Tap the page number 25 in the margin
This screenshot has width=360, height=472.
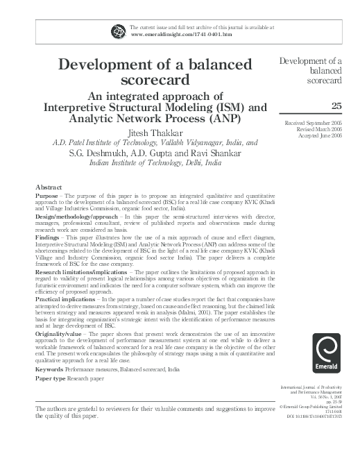click(336, 106)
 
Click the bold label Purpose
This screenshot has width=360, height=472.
click(48, 196)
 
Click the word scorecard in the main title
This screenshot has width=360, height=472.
click(155, 81)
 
